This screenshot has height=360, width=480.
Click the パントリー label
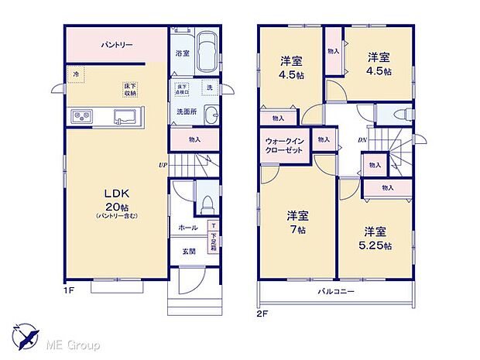point(117,45)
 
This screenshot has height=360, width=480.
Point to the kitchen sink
point(125,117)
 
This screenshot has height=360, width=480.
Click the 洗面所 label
point(183,111)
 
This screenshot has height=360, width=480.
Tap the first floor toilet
point(207,204)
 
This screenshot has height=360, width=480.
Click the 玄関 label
point(188,252)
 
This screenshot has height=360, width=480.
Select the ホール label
point(187,228)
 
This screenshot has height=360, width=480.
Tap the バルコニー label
point(335,292)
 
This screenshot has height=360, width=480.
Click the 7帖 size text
point(297,230)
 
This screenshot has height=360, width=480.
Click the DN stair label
point(362,139)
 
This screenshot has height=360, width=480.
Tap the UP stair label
point(163,165)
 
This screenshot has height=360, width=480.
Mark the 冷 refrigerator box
point(76,74)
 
